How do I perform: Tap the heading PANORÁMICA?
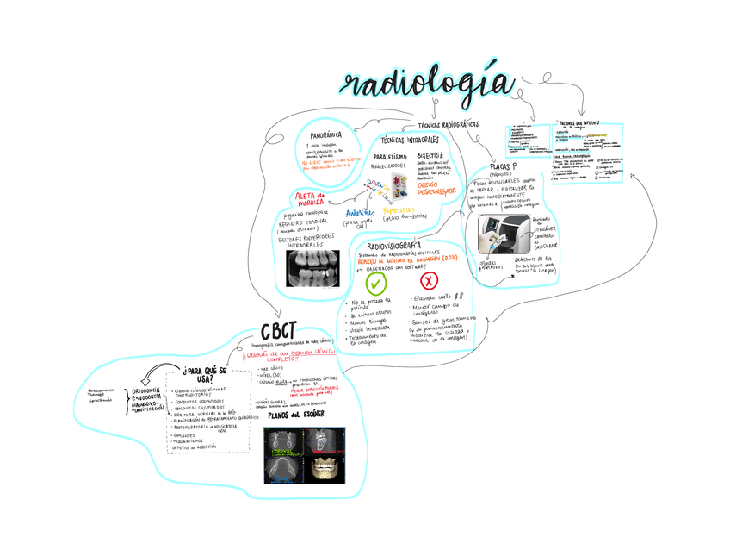tap(331, 135)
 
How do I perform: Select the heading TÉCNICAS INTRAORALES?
tap(410, 140)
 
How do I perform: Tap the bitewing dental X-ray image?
tap(318, 267)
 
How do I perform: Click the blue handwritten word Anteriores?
tap(360, 212)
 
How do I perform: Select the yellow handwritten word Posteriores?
tap(404, 209)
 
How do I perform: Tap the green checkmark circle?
tap(376, 283)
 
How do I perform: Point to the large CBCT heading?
tap(279, 332)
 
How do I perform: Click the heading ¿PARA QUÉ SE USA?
tap(205, 374)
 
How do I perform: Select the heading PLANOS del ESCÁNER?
tap(296, 415)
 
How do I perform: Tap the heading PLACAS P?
tap(502, 166)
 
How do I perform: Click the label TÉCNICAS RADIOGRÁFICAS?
tap(448, 124)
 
